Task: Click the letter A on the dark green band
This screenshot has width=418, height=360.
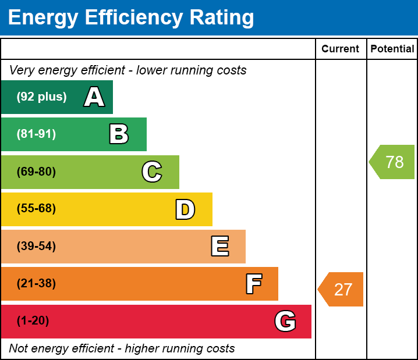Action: [x=94, y=97]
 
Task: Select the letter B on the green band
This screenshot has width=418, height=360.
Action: [x=119, y=134]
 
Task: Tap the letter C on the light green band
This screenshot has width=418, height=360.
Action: [x=152, y=172]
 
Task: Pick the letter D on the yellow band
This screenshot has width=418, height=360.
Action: [x=185, y=209]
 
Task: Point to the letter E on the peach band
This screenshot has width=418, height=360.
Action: [x=219, y=247]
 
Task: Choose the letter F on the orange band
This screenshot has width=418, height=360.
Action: [x=253, y=284]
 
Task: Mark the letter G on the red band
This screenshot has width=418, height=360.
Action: [x=285, y=321]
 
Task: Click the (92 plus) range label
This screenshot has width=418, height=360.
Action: [x=41, y=97]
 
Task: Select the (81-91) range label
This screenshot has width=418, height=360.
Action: [x=36, y=134]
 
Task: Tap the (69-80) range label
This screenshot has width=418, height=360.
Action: [x=36, y=172]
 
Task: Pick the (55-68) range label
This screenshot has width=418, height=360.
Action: [x=36, y=209]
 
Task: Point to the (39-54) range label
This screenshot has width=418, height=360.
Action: [x=36, y=246]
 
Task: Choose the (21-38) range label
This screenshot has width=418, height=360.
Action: [x=36, y=284]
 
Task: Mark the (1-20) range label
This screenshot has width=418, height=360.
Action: [x=33, y=321]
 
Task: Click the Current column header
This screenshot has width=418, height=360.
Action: [x=341, y=49]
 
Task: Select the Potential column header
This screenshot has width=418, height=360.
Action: [x=392, y=49]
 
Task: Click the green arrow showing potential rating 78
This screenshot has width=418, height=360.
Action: [x=392, y=162]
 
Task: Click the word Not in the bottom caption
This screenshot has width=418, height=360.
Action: [x=18, y=348]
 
